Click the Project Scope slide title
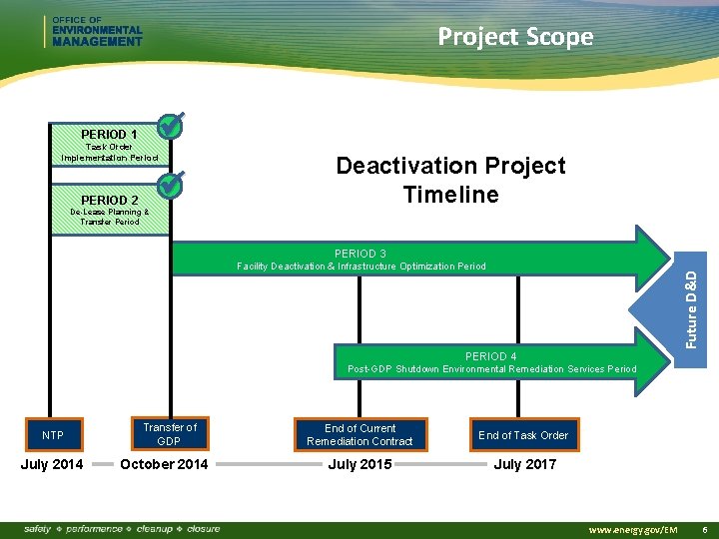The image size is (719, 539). point(515,37)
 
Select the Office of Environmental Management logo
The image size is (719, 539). point(95,32)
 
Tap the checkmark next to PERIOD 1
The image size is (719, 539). point(170,127)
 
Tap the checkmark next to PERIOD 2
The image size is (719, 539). point(170,186)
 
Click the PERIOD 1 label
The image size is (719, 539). point(109,134)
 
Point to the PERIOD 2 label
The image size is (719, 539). point(109,200)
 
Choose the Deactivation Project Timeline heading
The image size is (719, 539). point(450,180)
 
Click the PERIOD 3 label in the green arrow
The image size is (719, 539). point(361,254)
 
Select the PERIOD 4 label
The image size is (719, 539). point(491,356)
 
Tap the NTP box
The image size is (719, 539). point(53,435)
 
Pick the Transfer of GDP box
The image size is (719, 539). point(169,434)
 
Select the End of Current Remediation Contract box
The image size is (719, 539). point(359,435)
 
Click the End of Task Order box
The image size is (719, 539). point(522,435)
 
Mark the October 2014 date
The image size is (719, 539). point(164,464)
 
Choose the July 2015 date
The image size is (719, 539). point(359,464)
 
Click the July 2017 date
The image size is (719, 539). point(525,464)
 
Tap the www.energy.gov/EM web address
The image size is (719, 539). point(634,528)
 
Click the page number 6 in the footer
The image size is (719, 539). point(705,528)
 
